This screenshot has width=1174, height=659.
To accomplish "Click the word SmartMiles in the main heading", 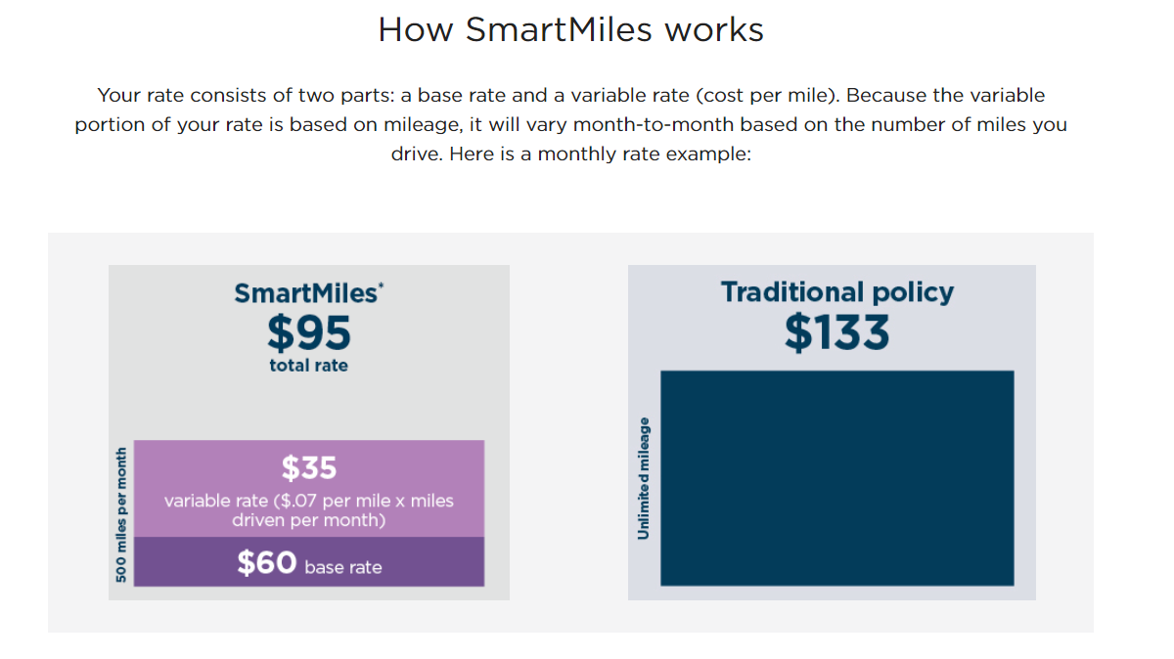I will [559, 29].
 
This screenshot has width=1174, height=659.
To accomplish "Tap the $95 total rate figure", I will [309, 334].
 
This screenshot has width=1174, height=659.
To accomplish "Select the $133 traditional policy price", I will [837, 332].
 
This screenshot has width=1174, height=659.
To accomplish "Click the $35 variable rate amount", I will [309, 468].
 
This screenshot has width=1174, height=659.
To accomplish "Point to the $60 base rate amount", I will [266, 563].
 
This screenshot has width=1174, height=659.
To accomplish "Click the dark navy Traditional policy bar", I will [837, 479].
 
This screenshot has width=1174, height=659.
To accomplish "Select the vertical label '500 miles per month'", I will [121, 514].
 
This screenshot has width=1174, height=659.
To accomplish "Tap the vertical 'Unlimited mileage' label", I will [643, 478].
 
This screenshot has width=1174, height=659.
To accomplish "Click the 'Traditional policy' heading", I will [837, 291].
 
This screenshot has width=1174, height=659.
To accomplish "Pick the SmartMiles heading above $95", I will [304, 292].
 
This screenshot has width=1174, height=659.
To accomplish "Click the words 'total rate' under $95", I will [309, 366].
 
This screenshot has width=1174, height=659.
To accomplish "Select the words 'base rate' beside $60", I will [343, 567].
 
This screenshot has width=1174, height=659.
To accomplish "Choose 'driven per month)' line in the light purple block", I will [309, 520].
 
